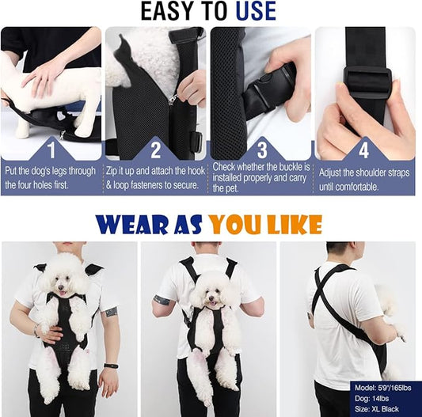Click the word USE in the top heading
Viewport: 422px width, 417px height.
click(256, 11)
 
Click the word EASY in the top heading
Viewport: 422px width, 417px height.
click(167, 11)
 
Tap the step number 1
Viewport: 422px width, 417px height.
click(51, 150)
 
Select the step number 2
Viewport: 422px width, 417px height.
click(155, 150)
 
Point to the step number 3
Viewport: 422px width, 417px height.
click(262, 150)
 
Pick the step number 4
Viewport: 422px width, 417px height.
click(363, 150)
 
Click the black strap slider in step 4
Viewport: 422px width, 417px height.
click(367, 80)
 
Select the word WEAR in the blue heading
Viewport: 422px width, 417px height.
click(132, 224)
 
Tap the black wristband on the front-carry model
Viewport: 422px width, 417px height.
click(111, 366)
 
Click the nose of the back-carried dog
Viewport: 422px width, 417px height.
click(211, 298)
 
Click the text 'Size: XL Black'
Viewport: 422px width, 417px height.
click(377, 409)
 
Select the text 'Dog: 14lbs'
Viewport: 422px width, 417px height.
click(371, 399)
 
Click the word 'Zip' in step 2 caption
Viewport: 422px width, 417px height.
click(112, 172)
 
